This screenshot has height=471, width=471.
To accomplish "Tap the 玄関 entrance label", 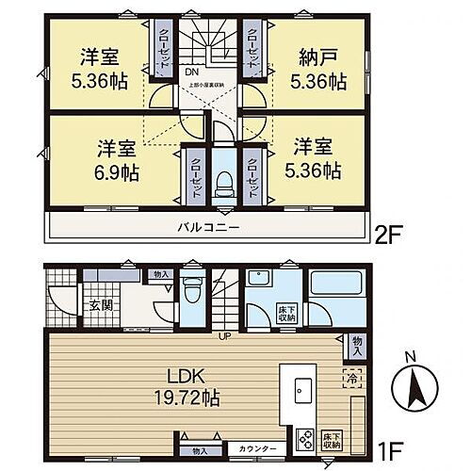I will coord(101,303).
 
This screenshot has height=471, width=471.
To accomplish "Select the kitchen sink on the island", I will coord(303,390).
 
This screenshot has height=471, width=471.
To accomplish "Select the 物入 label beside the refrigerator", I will coord(356,342).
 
